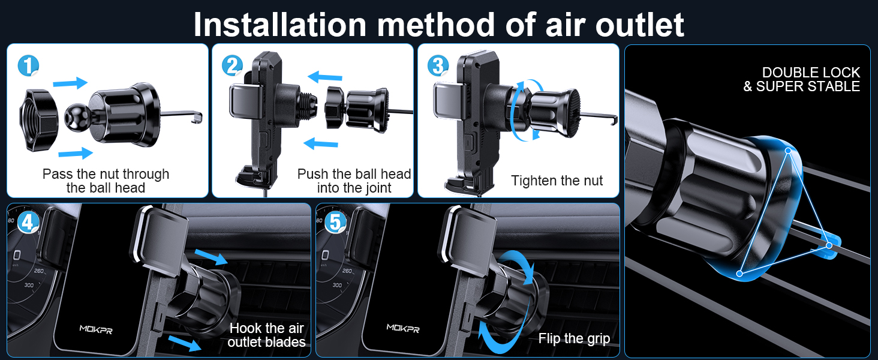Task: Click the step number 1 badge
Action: (28, 65)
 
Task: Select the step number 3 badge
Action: (438, 65)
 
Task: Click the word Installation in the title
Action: (279, 25)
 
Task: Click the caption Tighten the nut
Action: (557, 181)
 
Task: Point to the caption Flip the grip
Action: (574, 338)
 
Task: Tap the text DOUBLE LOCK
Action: (811, 73)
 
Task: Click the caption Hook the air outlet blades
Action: (267, 335)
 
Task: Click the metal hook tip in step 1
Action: (196, 120)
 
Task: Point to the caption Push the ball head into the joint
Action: (354, 181)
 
